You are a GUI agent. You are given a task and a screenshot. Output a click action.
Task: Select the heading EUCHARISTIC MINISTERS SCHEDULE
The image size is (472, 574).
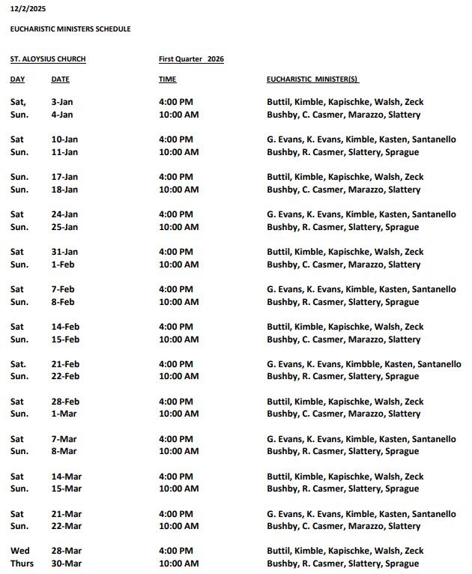[70, 29]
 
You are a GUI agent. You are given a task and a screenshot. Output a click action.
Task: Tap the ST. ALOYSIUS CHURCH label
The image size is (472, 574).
[48, 59]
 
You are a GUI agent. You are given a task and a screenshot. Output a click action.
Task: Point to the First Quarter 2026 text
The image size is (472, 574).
[191, 59]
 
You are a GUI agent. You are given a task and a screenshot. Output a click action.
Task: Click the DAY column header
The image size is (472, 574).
[17, 79]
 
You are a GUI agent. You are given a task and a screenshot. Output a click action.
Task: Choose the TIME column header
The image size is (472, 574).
[168, 79]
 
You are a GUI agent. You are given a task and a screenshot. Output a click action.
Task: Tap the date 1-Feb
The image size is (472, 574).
[62, 265]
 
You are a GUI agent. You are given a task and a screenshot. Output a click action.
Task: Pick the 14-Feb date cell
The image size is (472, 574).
[64, 327]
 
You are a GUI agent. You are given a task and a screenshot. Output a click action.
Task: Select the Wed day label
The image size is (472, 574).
[19, 551]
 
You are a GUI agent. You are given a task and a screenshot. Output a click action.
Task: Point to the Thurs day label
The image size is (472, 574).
[22, 564]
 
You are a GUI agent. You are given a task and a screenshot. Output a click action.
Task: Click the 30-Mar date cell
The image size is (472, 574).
[65, 564]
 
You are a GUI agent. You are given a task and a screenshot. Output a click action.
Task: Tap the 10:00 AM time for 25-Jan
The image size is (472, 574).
[178, 227]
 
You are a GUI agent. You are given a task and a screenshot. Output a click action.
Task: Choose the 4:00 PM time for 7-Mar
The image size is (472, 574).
[176, 439]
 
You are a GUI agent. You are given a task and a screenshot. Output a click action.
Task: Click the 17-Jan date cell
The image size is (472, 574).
[64, 177]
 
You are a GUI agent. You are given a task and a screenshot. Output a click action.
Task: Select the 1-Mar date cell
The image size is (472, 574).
[63, 414]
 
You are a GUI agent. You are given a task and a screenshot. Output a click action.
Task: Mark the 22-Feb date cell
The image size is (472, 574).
[64, 376]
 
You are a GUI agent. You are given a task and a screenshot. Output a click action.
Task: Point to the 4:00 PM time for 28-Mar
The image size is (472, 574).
[176, 551]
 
